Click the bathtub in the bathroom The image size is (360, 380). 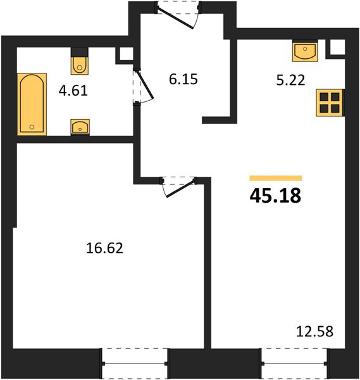(32, 104)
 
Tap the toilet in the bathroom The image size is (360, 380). (80, 64)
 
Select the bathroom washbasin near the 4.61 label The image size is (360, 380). (80, 127)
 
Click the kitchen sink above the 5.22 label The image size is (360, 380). (305, 52)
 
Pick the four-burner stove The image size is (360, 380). (330, 103)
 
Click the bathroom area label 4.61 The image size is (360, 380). (73, 91)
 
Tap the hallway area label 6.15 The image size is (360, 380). (183, 80)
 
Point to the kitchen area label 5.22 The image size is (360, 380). (290, 80)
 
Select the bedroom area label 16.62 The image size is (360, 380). (104, 248)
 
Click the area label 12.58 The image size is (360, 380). (314, 331)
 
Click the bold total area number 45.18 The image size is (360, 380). (275, 196)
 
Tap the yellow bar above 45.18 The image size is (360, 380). (276, 178)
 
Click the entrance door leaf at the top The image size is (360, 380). (175, 18)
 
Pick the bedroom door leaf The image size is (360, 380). (180, 189)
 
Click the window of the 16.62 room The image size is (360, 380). (135, 364)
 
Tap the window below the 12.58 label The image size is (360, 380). (295, 364)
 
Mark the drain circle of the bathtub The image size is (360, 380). (32, 127)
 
